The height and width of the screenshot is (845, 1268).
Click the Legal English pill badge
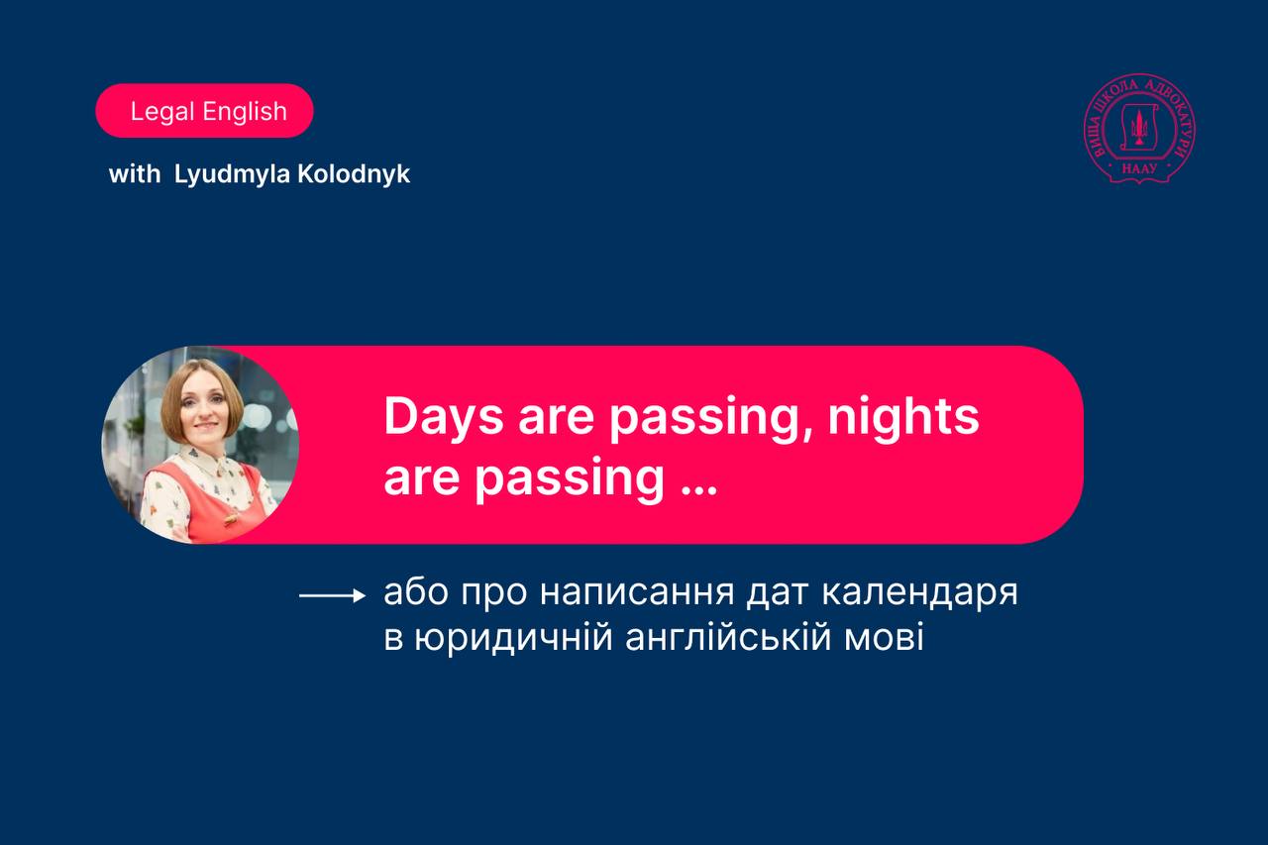[204, 110]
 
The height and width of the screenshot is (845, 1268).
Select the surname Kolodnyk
[354, 173]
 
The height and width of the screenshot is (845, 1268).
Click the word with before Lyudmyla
[135, 174]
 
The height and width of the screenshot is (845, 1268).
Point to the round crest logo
[1139, 129]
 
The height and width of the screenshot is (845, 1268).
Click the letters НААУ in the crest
[1139, 168]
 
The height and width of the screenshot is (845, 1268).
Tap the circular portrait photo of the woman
[200, 445]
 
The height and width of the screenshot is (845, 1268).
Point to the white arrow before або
[332, 595]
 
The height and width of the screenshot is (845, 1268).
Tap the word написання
[637, 593]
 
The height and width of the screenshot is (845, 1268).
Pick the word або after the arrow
[416, 592]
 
